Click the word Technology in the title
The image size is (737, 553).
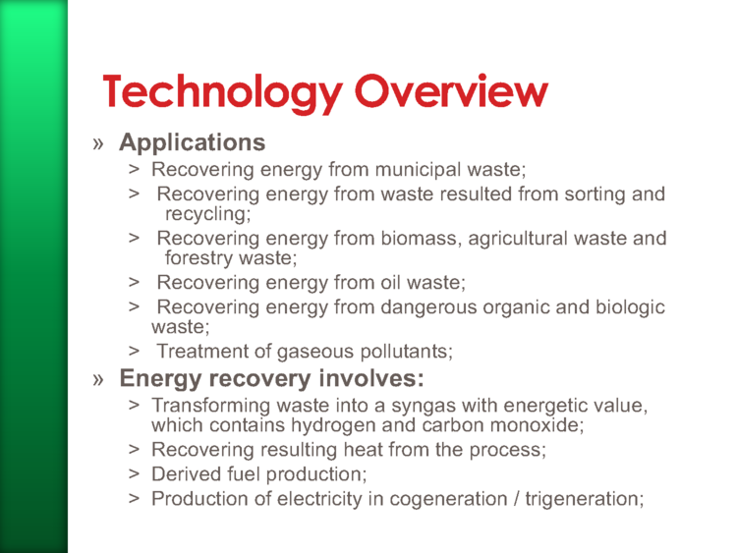223,92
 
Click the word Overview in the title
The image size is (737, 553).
451,90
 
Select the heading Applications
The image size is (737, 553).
193,143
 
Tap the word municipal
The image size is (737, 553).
418,170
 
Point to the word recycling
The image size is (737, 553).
207,215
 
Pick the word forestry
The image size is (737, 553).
198,258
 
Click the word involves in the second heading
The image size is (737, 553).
371,378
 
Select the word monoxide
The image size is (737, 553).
537,425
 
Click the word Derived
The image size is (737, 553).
186,474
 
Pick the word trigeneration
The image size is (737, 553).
585,499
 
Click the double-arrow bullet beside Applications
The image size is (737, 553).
97,143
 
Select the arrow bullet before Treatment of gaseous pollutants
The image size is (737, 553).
134,351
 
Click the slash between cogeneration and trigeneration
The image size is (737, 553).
517,499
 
